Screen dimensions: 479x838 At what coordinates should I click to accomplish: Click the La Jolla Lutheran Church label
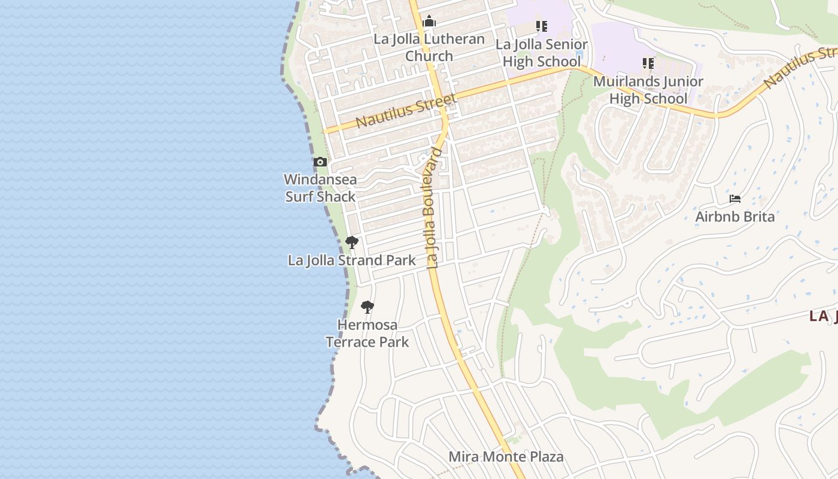[x=429, y=47]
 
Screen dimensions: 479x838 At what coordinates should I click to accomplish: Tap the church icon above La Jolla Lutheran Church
[x=429, y=22]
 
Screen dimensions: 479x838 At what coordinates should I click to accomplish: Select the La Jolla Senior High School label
[x=542, y=53]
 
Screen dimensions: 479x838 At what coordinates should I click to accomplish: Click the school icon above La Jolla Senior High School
[x=542, y=26]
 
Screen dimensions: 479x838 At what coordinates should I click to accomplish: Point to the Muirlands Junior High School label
[x=648, y=89]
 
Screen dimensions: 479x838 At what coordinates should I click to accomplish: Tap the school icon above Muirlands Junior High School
[x=648, y=63]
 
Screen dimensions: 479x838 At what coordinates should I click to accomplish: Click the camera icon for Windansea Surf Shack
[x=320, y=162]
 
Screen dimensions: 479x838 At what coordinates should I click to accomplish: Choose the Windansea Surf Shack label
[x=320, y=187]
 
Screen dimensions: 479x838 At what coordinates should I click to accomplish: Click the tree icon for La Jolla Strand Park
[x=352, y=242]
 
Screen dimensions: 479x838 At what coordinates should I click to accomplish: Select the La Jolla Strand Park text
[x=352, y=260]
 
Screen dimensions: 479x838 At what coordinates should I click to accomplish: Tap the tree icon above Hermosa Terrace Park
[x=368, y=307]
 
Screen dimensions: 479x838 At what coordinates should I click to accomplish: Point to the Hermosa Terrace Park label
[x=368, y=334]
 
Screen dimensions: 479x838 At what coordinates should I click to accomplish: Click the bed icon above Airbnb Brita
[x=735, y=199]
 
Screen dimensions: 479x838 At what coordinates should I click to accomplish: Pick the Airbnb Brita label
[x=735, y=216]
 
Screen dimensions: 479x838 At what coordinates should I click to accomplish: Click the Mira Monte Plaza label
[x=506, y=457]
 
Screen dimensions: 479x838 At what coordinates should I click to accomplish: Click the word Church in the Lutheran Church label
[x=429, y=56]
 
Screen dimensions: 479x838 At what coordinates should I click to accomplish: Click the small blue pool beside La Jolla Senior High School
[x=578, y=61]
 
